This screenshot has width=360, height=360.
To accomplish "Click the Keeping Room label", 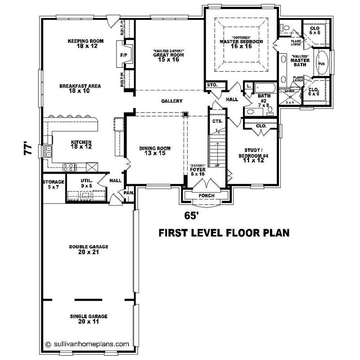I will (x=85, y=44).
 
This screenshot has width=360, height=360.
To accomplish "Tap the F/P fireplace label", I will (x=124, y=55).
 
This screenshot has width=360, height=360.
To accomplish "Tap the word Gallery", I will (x=171, y=101).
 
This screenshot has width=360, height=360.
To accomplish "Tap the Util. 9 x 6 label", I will (x=87, y=183).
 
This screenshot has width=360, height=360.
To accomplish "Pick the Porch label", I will (x=207, y=196).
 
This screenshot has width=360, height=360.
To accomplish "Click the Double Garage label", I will (x=89, y=249).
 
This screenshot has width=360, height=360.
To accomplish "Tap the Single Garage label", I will (x=89, y=319).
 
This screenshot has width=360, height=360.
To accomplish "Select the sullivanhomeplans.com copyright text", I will (x=87, y=343).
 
